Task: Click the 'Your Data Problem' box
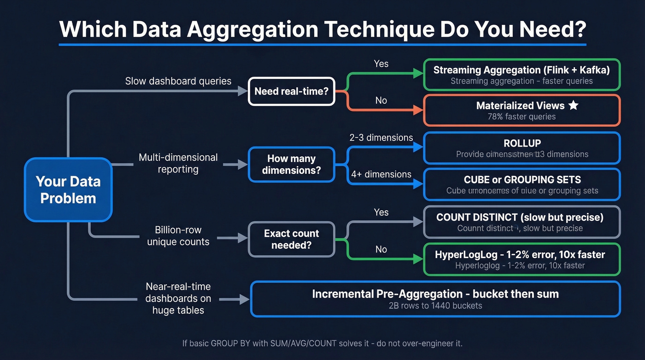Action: click(x=68, y=189)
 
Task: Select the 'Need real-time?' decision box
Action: click(x=291, y=91)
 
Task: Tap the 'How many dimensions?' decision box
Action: click(x=291, y=165)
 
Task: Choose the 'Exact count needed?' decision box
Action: click(x=291, y=239)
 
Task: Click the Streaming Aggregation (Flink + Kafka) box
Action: click(x=522, y=75)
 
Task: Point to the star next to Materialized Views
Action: click(x=573, y=106)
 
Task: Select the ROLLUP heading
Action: click(x=522, y=143)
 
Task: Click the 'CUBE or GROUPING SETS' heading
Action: click(x=522, y=180)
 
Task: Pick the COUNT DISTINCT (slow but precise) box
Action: click(x=522, y=222)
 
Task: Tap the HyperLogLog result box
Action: click(x=522, y=260)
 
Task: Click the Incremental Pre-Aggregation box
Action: click(x=435, y=299)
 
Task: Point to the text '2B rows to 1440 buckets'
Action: click(x=435, y=305)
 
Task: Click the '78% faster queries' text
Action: click(x=522, y=117)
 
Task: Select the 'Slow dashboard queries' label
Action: click(x=178, y=81)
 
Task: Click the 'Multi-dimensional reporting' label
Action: click(x=178, y=163)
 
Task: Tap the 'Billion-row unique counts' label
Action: click(x=178, y=236)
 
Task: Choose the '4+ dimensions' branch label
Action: click(x=381, y=174)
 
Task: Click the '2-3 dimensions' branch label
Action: click(x=381, y=137)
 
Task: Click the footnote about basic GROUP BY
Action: click(x=322, y=343)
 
